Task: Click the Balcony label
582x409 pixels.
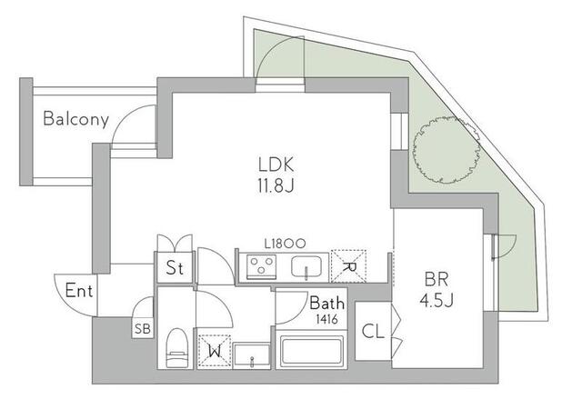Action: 76,119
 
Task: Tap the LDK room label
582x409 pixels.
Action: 276,165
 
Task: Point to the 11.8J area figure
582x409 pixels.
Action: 276,186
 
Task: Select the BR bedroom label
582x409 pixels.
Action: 436,279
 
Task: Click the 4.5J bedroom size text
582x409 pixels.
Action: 436,300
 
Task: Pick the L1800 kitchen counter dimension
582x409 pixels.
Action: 285,244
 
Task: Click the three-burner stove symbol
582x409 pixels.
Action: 262,266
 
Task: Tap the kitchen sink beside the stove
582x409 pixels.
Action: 306,267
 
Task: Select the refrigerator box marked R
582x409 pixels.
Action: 348,266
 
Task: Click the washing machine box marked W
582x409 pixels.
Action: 215,352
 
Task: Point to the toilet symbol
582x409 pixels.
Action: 176,348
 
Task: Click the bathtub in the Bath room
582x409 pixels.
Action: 312,352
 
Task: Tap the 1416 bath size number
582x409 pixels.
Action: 326,319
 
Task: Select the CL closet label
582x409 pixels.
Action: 373,332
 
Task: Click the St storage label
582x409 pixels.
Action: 175,267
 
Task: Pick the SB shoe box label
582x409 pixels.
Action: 143,329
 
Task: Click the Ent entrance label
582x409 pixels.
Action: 79,290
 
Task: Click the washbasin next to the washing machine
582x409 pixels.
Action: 252,356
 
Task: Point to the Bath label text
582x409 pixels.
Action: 326,304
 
